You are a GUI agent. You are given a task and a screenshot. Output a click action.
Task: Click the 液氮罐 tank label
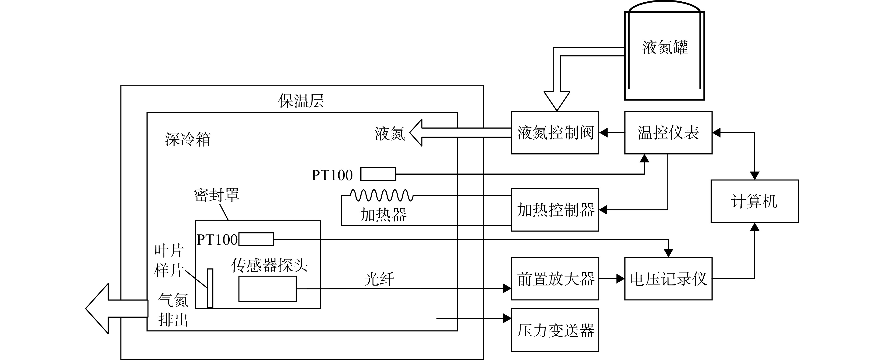tap(665, 47)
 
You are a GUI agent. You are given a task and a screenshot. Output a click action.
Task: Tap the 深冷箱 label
tap(187, 139)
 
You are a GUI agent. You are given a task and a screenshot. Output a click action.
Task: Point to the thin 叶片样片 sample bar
tap(210, 288)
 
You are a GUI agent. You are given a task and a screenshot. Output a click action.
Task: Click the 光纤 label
tap(379, 279)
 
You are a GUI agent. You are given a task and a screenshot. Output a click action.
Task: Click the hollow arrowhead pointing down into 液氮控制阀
tap(557, 101)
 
